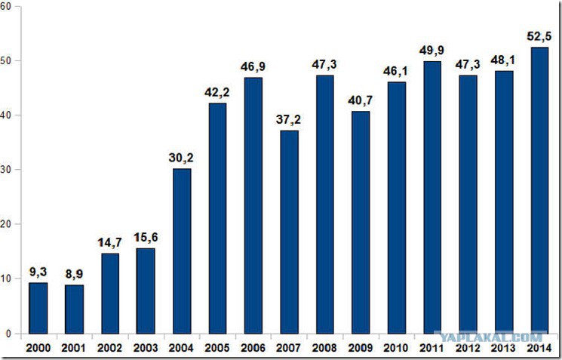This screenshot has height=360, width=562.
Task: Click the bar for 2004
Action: (182, 251)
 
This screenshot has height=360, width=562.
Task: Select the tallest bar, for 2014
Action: (540, 190)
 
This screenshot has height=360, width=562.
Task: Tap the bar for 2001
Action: (74, 309)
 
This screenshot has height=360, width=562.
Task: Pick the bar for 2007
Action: (289, 232)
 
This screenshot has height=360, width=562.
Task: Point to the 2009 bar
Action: (361, 223)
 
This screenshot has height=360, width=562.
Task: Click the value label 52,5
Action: (539, 36)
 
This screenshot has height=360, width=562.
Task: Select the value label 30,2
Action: (181, 158)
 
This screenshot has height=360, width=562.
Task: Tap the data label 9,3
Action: (38, 272)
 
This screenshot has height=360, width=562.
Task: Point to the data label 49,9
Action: (431, 51)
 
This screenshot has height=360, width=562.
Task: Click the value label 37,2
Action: (288, 120)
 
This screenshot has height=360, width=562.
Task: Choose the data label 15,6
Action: (146, 238)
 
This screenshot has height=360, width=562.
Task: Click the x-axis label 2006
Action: (253, 348)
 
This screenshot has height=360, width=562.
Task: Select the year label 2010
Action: (396, 348)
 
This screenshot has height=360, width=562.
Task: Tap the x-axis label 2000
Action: (38, 348)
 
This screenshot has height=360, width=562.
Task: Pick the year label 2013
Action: (503, 348)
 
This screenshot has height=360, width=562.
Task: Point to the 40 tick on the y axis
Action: (6, 115)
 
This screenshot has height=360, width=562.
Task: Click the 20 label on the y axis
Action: (6, 223)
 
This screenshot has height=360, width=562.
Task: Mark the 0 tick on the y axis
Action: (8, 334)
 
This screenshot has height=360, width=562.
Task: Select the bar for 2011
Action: (432, 198)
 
